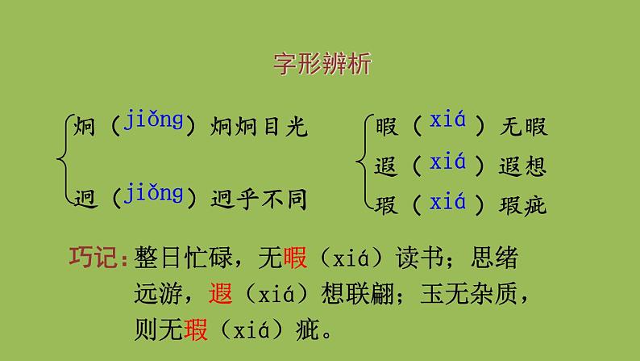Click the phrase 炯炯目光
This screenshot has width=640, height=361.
pos(259,126)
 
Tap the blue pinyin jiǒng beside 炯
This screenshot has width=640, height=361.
pos(154,123)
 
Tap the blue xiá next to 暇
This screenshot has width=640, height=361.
pos(448,123)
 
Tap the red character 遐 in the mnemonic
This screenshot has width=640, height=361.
pos(219,294)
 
